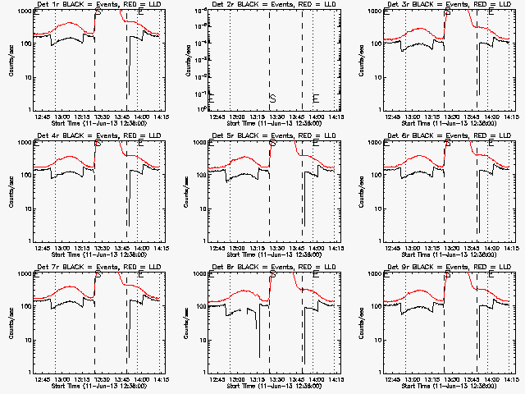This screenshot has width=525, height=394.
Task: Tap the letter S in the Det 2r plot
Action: [x=272, y=98]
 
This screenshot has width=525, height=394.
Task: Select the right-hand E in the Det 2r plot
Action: [x=316, y=98]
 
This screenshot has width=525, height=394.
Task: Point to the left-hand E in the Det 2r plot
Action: [x=212, y=98]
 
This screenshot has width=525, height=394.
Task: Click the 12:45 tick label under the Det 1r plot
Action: [x=43, y=117]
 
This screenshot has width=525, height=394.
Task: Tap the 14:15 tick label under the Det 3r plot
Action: [x=509, y=117]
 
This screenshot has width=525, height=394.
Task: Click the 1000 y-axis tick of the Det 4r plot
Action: [x=23, y=143]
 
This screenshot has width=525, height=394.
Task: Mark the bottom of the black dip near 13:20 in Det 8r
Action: [x=259, y=357]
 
